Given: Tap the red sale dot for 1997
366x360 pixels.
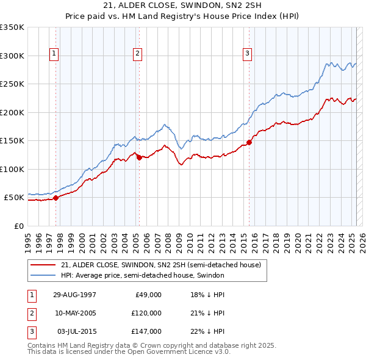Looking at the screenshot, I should [x=56, y=198].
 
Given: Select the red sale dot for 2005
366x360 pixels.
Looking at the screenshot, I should [x=139, y=157].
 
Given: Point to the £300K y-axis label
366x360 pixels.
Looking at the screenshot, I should [x=12, y=56].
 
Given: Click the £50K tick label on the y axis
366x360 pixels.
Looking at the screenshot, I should [x=15, y=198].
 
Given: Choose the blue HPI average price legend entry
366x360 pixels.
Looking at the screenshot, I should [x=142, y=275].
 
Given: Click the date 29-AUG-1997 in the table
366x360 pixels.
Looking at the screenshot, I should [x=74, y=295].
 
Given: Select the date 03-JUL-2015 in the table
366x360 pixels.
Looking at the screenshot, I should [x=74, y=331].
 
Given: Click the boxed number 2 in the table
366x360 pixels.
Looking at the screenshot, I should [x=30, y=313].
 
